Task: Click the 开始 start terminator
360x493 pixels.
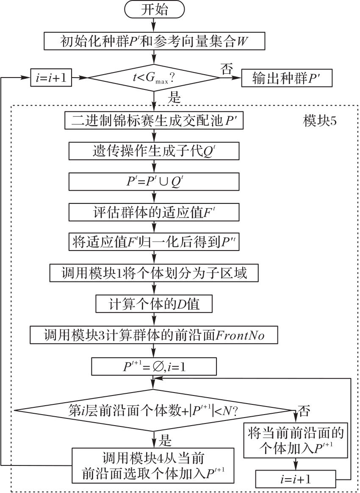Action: click(x=155, y=10)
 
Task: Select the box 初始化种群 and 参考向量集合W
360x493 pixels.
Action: click(x=155, y=42)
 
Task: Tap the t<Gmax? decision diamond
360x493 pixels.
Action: click(x=155, y=78)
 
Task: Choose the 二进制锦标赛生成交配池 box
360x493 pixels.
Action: click(x=155, y=120)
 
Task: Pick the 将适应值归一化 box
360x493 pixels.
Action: click(x=155, y=242)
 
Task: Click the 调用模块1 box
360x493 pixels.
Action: click(x=155, y=273)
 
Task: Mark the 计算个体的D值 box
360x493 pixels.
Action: click(x=155, y=304)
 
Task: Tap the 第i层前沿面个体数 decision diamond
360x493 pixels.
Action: click(x=155, y=410)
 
